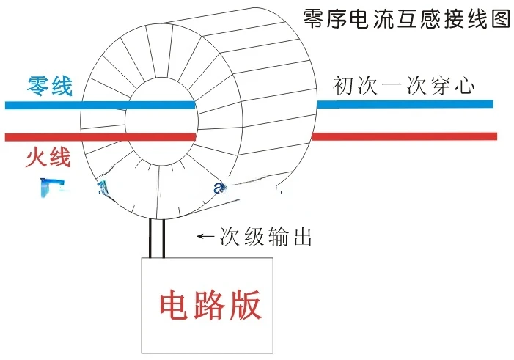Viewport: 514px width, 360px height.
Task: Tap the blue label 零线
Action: tap(50, 86)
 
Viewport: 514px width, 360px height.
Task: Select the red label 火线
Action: tap(48, 157)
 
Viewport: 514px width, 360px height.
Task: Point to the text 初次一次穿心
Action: tap(404, 86)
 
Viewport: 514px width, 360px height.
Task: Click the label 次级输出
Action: tap(267, 237)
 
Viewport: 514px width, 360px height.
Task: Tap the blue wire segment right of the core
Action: tap(404, 104)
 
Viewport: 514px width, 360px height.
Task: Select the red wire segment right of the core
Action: tap(404, 136)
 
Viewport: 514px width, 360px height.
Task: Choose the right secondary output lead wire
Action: tap(163, 238)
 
